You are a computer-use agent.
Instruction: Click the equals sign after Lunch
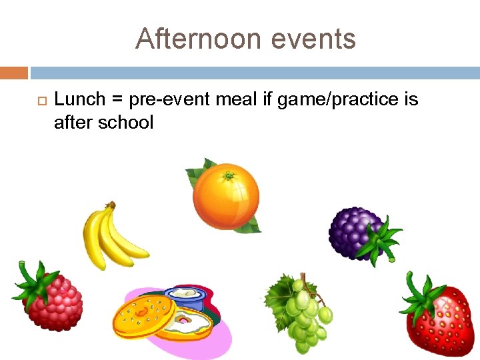coord(117,101)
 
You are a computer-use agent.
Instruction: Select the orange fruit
coord(225,196)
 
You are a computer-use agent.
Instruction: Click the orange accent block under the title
coord(13,72)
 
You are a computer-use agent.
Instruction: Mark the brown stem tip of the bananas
coord(111,205)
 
